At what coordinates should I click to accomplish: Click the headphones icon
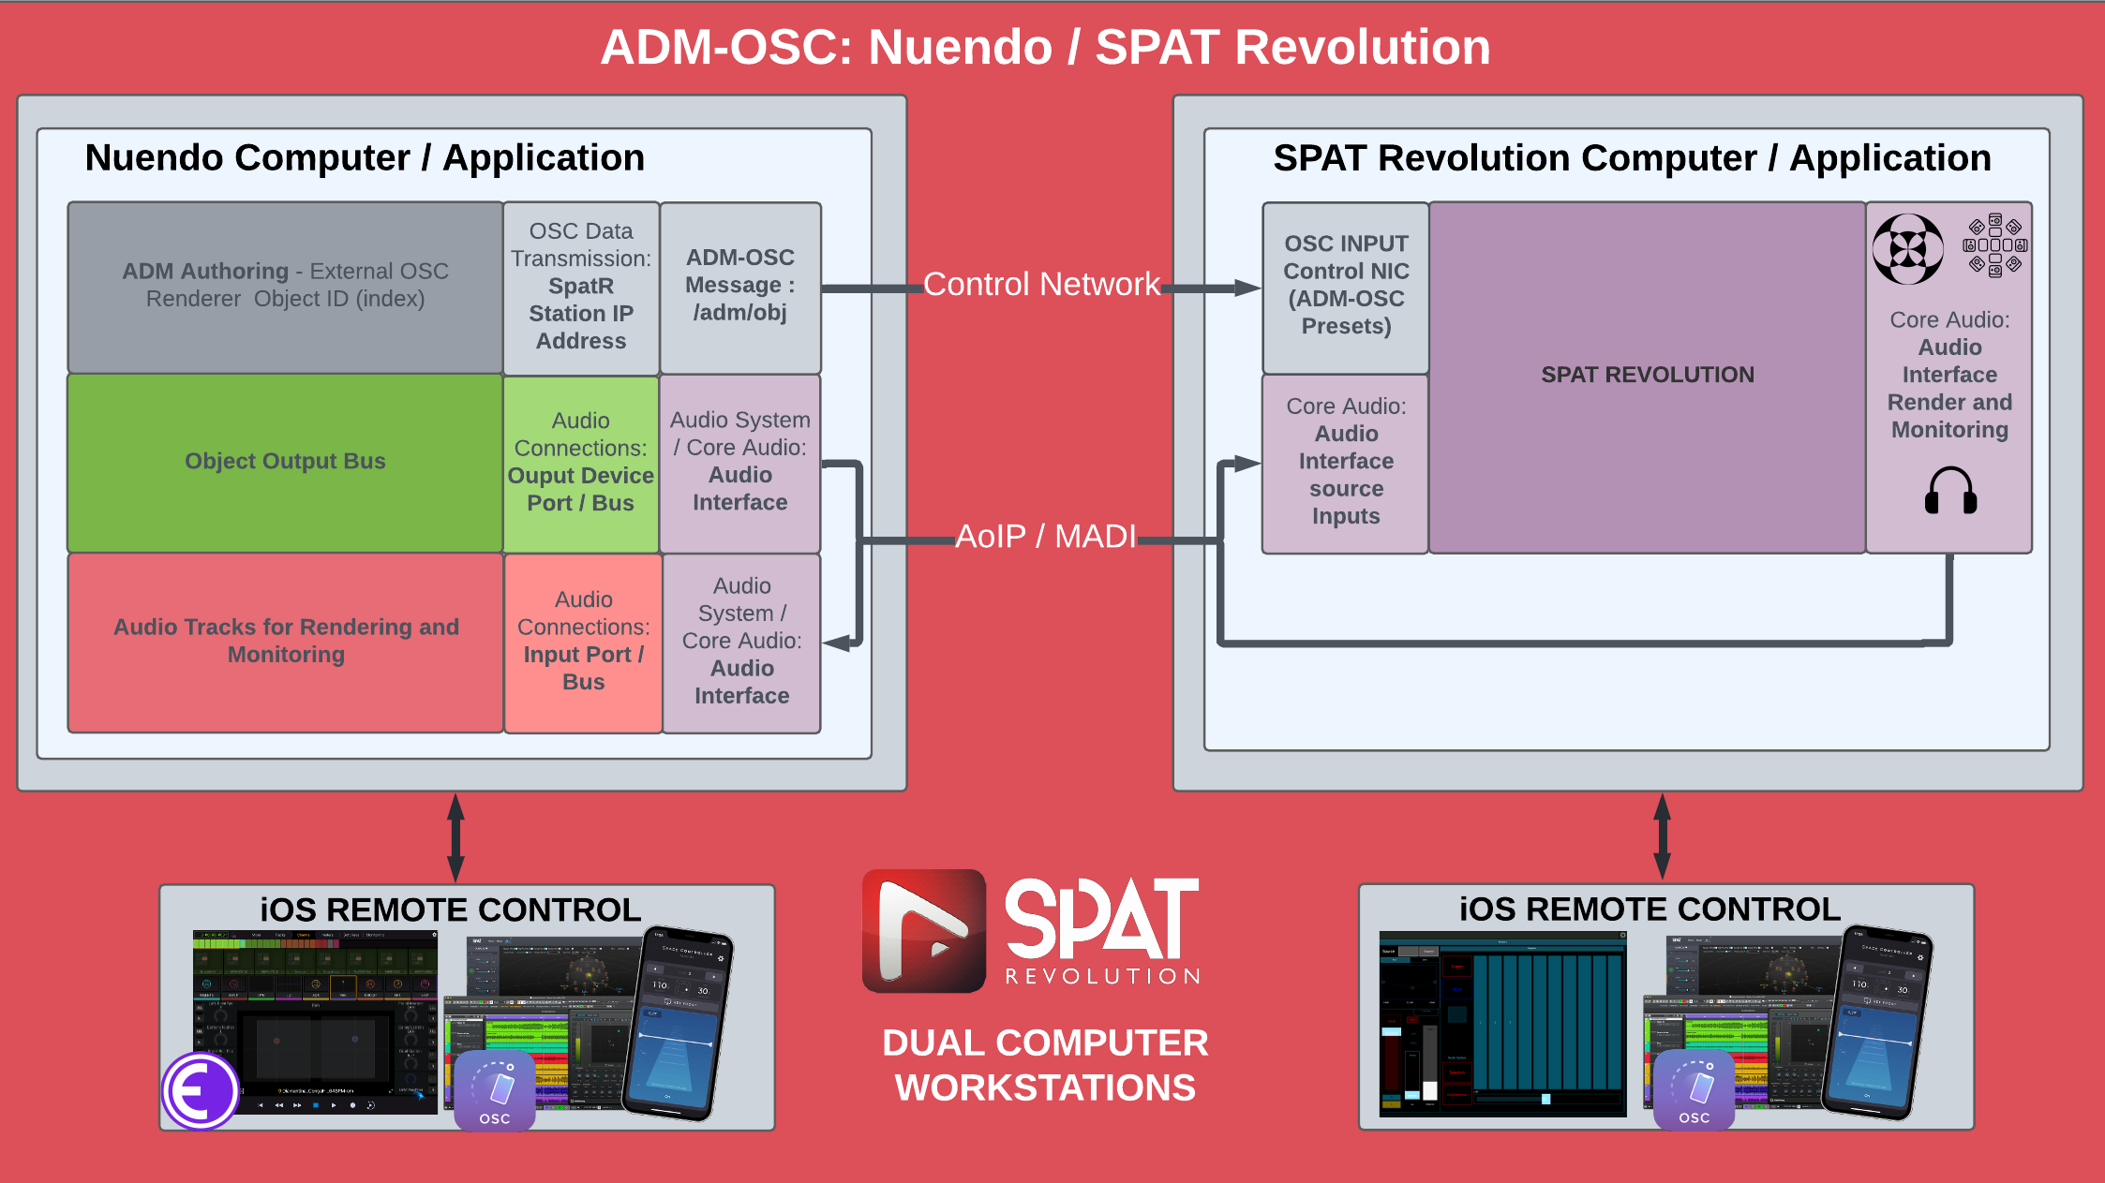(1950, 491)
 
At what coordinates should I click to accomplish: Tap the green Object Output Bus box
(285, 462)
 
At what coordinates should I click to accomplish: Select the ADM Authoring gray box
(285, 286)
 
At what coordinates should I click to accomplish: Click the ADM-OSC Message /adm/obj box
(740, 286)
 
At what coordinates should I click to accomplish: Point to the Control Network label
(1041, 284)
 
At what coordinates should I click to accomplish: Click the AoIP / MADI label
(1045, 537)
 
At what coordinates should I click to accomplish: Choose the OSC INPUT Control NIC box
(1346, 286)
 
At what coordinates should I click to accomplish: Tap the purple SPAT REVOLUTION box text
(1647, 375)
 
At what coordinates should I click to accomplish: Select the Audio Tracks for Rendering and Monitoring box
(285, 641)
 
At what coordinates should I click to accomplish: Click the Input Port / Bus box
(583, 642)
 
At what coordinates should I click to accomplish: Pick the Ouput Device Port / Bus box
(580, 463)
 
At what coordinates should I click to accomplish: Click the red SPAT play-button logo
(923, 930)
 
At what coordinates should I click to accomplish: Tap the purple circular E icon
(200, 1090)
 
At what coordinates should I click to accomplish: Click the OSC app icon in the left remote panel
(495, 1090)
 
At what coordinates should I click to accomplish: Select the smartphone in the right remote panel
(1876, 1021)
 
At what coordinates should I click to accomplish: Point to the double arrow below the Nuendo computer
(455, 837)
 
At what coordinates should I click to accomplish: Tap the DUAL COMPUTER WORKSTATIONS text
(1045, 1065)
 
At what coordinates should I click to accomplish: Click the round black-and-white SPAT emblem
(1907, 248)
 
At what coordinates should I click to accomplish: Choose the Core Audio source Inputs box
(1346, 462)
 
